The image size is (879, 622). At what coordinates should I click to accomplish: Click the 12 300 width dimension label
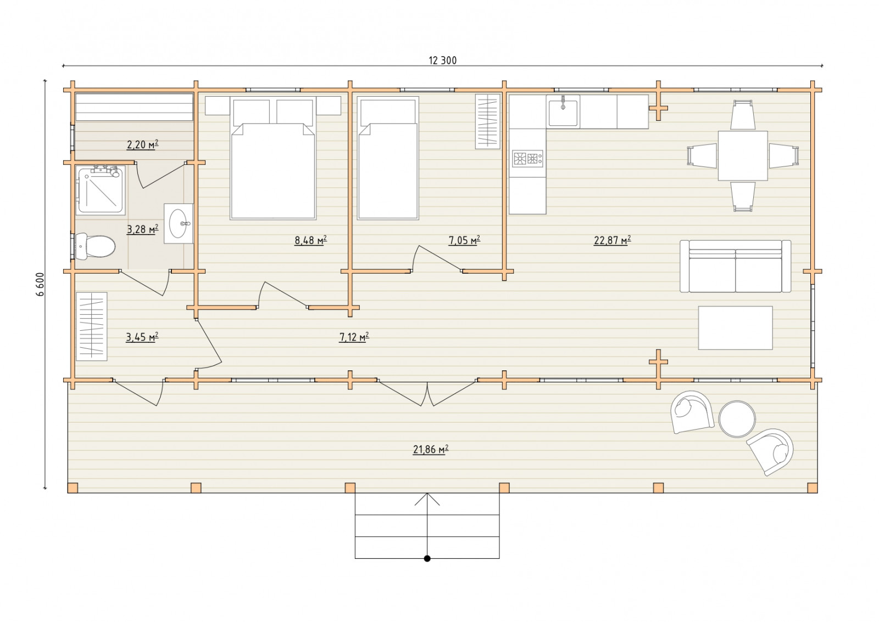pos(442,60)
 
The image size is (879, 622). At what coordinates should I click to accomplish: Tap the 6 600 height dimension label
pos(42,285)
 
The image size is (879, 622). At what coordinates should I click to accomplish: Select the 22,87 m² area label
pos(612,240)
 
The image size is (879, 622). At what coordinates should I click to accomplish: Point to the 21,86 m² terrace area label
pos(431,449)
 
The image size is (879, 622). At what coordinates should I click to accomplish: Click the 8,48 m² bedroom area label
pos(310,240)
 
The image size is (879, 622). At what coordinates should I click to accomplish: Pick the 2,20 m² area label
pos(142,145)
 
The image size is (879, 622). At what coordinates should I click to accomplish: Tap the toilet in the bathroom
pos(95,247)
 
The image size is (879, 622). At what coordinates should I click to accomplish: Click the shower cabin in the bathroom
pos(101,190)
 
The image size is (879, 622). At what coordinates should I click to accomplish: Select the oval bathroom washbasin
pos(178,223)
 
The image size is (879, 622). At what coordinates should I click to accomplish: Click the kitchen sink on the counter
pos(563,112)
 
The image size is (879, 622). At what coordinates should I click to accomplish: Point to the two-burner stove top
pos(527,159)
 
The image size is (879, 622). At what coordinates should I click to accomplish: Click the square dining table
pos(743,156)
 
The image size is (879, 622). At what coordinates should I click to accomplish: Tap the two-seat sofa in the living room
pos(736,266)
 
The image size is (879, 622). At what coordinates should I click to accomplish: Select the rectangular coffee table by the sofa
pos(736,327)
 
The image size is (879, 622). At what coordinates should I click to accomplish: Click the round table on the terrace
pos(737,419)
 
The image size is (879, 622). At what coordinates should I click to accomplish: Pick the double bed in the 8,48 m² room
pos(273,158)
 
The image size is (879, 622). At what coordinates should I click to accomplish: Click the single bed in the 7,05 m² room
pos(388,158)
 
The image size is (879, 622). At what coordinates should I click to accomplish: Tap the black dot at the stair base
pos(427,558)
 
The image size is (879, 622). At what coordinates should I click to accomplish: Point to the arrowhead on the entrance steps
pos(427,499)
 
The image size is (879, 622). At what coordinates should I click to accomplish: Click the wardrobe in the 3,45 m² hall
pos(92,326)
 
